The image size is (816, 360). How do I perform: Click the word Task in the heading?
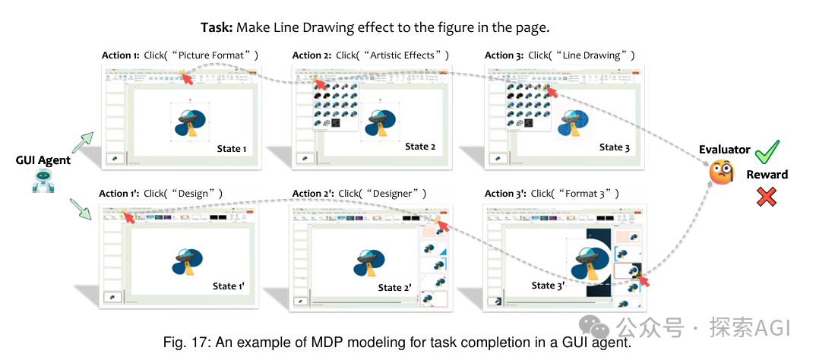pyautogui.click(x=217, y=27)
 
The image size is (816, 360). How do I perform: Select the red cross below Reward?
pyautogui.click(x=767, y=197)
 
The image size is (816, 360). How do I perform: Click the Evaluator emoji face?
pyautogui.click(x=722, y=173)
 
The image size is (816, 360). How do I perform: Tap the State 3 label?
pyautogui.click(x=615, y=147)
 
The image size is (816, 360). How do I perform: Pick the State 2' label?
pyautogui.click(x=395, y=288)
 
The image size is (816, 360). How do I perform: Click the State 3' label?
pyautogui.click(x=549, y=286)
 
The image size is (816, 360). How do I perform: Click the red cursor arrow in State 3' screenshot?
pyautogui.click(x=644, y=281)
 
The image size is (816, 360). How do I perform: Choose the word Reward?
pyautogui.click(x=767, y=175)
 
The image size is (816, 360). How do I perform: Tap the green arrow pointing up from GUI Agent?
pyautogui.click(x=83, y=141)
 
